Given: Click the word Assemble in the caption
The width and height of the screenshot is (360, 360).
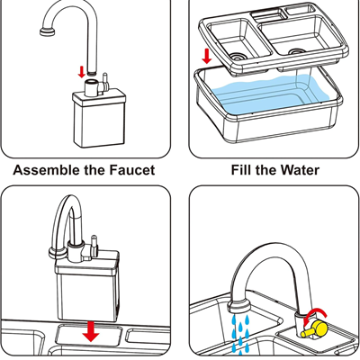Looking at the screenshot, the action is pyautogui.click(x=47, y=170).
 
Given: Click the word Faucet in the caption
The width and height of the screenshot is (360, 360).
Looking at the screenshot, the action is pyautogui.click(x=132, y=170).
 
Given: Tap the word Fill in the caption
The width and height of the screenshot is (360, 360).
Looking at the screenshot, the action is pyautogui.click(x=241, y=170).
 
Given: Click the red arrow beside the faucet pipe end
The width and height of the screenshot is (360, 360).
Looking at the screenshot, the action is pyautogui.click(x=81, y=72).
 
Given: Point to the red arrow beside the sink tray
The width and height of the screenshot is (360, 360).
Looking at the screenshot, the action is pyautogui.click(x=206, y=57).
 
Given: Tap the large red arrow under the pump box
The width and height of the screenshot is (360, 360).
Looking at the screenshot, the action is pyautogui.click(x=91, y=331).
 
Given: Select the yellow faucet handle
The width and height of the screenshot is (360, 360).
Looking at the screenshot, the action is pyautogui.click(x=314, y=328).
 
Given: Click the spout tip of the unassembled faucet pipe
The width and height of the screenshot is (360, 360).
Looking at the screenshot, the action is pyautogui.click(x=47, y=31).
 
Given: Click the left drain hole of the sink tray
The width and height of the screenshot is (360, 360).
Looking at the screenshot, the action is pyautogui.click(x=238, y=56).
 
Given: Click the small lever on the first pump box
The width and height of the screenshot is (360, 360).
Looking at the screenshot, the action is pyautogui.click(x=105, y=81).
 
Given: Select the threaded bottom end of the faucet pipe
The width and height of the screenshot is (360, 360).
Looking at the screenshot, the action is pyautogui.click(x=92, y=72).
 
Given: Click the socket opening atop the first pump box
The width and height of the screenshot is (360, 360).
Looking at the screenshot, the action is pyautogui.click(x=91, y=82).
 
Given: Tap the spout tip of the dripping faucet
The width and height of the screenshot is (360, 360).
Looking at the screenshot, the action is pyautogui.click(x=238, y=308).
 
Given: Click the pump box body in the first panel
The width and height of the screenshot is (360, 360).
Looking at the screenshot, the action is pyautogui.click(x=99, y=120).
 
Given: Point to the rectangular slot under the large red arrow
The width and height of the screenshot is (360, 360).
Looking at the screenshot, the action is pyautogui.click(x=89, y=335).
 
